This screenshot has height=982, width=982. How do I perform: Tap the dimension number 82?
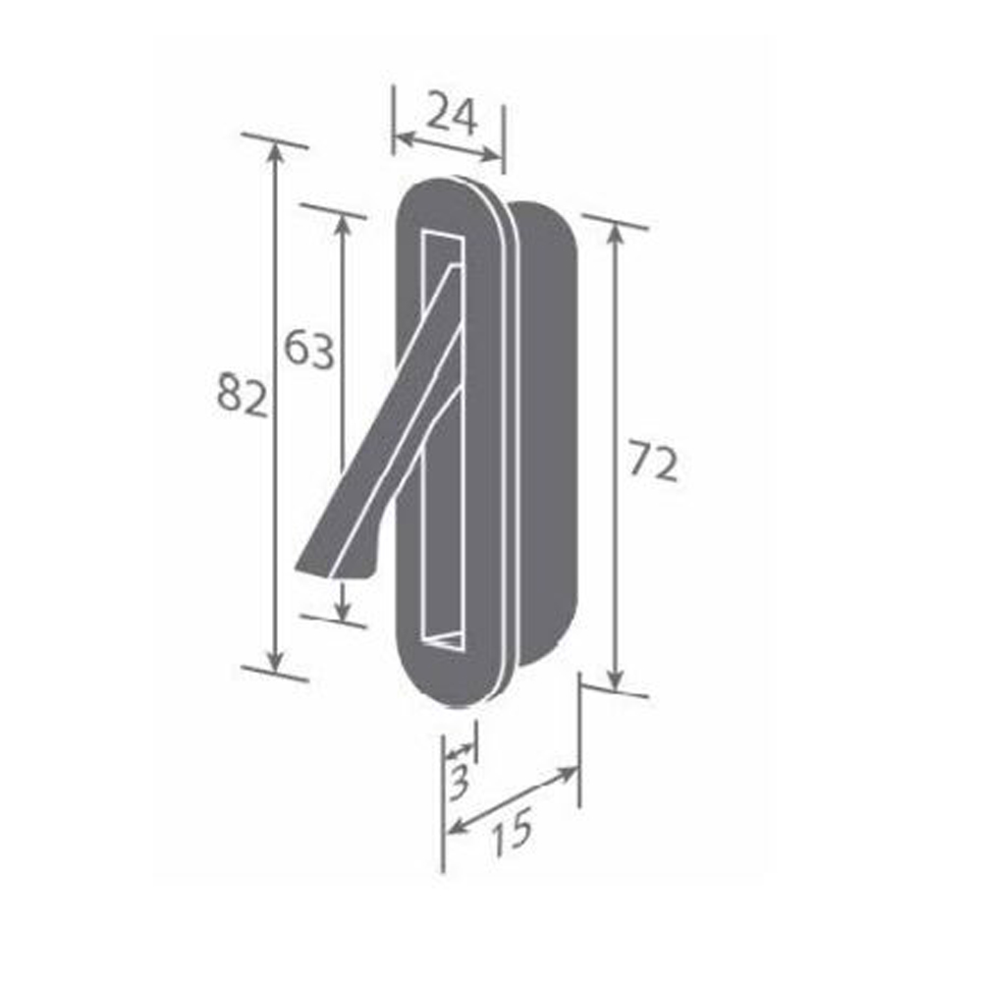tap(242, 395)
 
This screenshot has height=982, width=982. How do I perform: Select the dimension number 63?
tap(309, 349)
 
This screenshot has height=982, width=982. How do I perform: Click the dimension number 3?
tap(460, 782)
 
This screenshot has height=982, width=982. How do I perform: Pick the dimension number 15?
tap(512, 831)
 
